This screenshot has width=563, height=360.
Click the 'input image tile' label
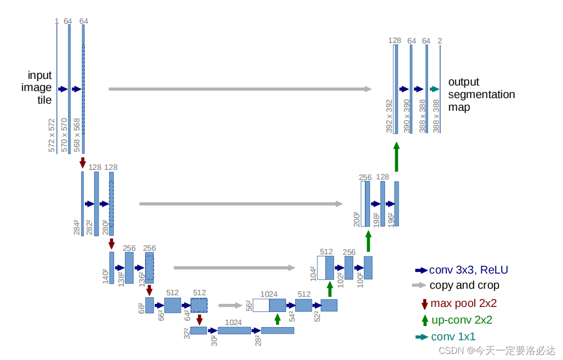click(x=39, y=87)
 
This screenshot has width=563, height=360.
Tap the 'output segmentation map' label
click(x=481, y=95)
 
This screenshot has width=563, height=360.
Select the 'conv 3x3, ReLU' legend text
click(x=468, y=270)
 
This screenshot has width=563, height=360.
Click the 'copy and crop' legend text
click(x=464, y=285)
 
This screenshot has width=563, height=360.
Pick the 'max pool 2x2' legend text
click(x=463, y=303)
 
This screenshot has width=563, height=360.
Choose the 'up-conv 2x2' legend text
click(x=461, y=320)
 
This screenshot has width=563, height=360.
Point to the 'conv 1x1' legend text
click(x=453, y=337)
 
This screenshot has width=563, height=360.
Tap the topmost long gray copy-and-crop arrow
click(x=240, y=89)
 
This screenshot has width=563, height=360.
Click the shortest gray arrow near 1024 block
click(x=230, y=305)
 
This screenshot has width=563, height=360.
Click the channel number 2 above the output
click(x=440, y=40)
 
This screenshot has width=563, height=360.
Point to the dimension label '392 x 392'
click(x=389, y=116)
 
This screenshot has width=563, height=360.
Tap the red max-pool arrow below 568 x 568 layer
click(x=83, y=163)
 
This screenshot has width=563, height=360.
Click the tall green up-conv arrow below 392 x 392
click(x=396, y=157)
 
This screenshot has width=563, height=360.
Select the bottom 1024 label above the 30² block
click(x=233, y=323)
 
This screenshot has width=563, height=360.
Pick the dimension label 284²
click(x=77, y=228)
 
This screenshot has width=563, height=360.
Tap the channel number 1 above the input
click(x=57, y=21)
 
